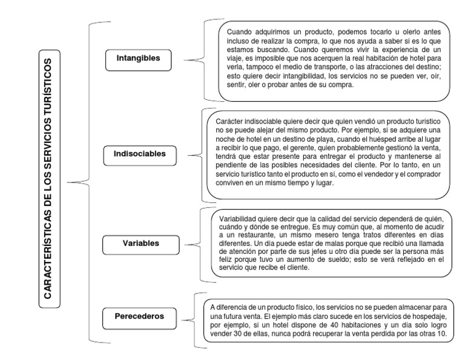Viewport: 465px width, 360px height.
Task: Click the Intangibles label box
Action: tap(139, 58)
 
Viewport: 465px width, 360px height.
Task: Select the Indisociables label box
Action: tap(139, 154)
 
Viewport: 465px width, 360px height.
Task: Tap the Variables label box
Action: tap(139, 243)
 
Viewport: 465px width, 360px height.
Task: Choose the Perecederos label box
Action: tap(139, 316)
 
